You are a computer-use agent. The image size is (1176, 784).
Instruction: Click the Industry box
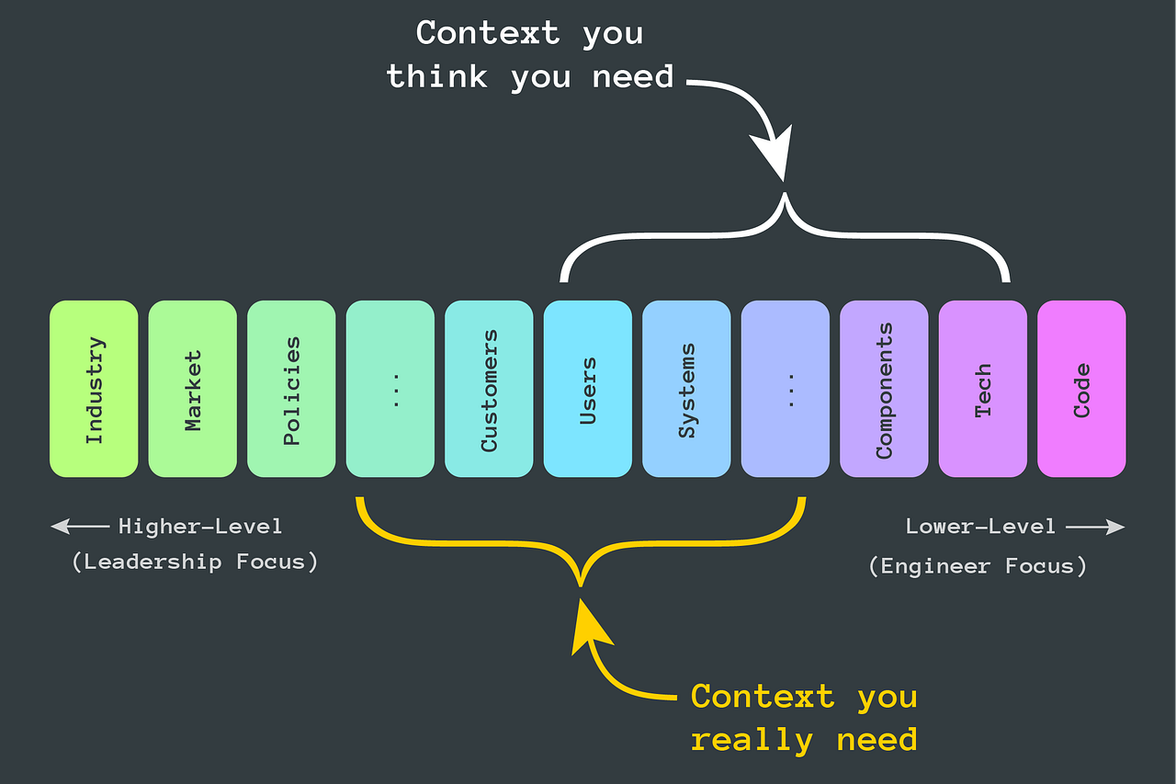click(x=94, y=389)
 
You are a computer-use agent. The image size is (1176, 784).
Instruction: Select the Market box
click(x=193, y=389)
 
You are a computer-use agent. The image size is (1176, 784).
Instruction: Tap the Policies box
click(x=291, y=389)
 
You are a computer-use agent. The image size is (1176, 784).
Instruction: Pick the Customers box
click(x=489, y=389)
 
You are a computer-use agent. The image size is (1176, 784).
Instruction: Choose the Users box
click(x=588, y=389)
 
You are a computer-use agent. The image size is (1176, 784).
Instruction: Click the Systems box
click(x=686, y=389)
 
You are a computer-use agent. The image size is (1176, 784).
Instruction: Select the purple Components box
click(x=884, y=389)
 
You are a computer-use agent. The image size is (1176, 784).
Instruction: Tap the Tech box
click(x=983, y=389)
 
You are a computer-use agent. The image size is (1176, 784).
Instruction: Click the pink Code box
click(x=1081, y=389)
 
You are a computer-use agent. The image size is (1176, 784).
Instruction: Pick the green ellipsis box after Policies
click(x=390, y=389)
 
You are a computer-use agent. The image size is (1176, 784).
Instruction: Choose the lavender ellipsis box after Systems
click(x=786, y=389)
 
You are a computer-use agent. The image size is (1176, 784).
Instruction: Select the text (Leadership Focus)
click(x=195, y=562)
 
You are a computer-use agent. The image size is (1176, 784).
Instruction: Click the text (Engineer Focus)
click(x=978, y=565)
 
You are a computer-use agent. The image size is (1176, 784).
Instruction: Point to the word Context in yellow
click(x=763, y=696)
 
